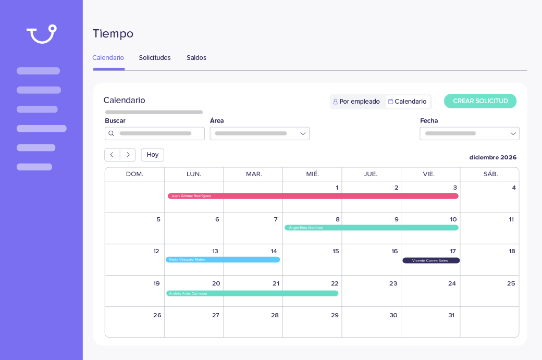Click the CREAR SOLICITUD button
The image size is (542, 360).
[480, 101]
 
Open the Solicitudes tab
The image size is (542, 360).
[155, 58]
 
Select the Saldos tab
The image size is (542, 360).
[196, 58]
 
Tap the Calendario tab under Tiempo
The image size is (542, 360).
[108, 58]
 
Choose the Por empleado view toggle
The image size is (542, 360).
[357, 102]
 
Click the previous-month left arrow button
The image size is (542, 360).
[112, 155]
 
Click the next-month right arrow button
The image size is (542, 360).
[128, 155]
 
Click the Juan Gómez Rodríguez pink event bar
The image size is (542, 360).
[313, 196]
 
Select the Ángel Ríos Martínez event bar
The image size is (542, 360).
[371, 228]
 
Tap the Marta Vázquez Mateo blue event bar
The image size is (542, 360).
[223, 259]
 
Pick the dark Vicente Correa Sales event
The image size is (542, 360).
[430, 260]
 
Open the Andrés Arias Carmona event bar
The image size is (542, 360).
[252, 293]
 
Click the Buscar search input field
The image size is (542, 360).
[155, 133]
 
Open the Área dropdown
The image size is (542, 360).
[260, 133]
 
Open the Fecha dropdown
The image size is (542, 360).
[469, 133]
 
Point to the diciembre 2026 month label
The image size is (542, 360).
[492, 157]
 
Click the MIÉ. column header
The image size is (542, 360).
[312, 174]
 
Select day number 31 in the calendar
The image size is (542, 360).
[451, 315]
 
